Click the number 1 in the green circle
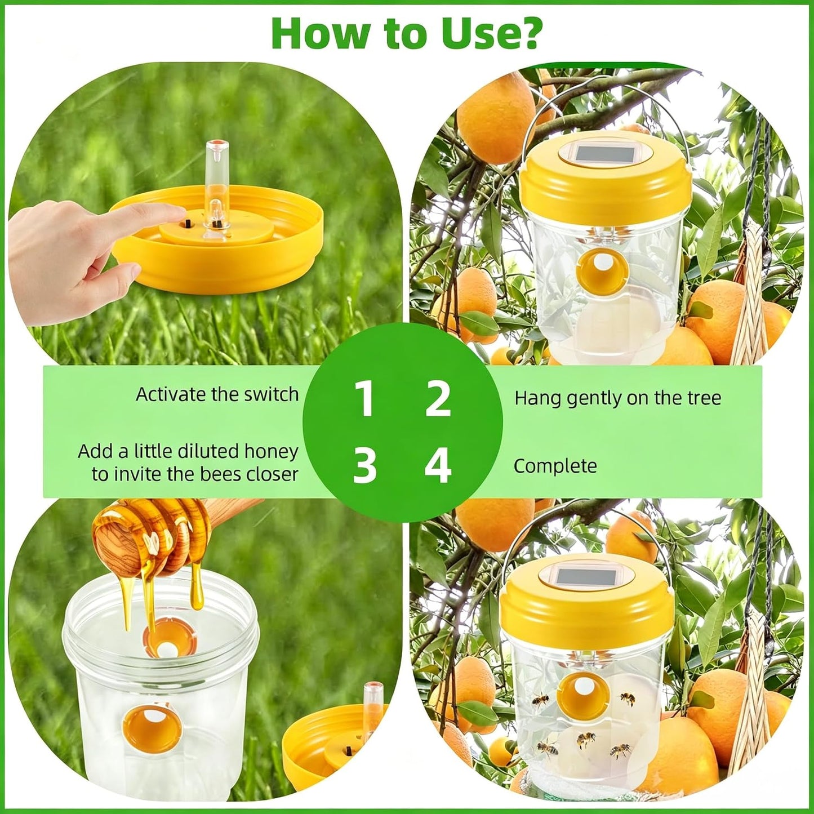(364, 399)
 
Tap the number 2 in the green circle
(438, 399)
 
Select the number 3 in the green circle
(364, 466)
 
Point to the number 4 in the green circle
(438, 466)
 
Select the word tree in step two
(704, 398)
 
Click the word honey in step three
(273, 452)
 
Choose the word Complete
(555, 466)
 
